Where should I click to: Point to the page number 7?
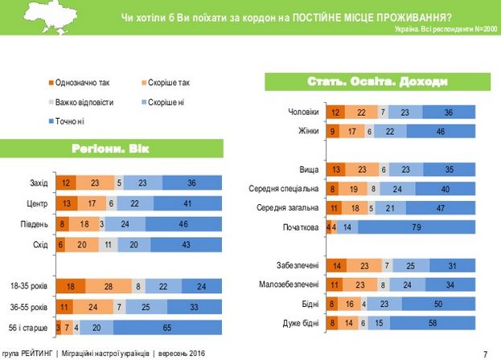[x=485, y=352]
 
